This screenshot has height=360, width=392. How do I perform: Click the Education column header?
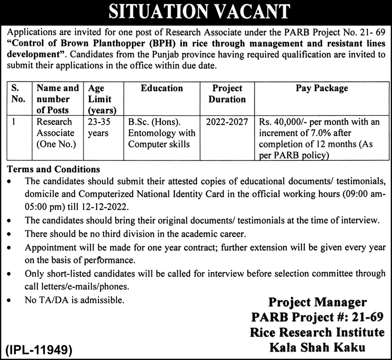(161, 89)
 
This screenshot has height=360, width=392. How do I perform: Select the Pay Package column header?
(322, 89)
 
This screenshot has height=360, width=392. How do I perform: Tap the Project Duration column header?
(227, 94)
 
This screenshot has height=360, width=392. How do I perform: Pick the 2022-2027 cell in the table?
(227, 122)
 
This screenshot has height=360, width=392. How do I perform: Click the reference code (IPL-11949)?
(39, 351)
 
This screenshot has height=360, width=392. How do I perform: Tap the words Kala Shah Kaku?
(317, 348)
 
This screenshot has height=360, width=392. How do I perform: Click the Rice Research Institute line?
(317, 333)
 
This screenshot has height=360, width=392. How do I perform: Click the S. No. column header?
(18, 94)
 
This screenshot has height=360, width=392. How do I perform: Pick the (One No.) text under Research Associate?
(56, 144)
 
